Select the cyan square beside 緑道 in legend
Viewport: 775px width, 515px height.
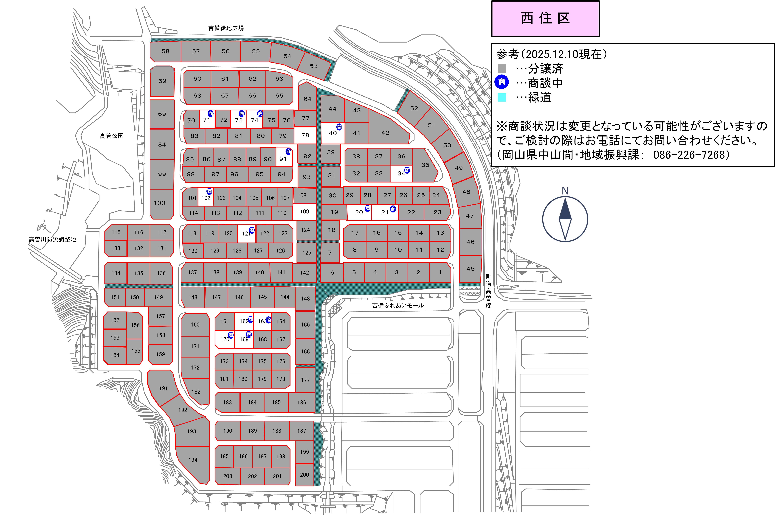[x=502, y=97]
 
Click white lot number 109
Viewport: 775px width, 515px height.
[x=305, y=212]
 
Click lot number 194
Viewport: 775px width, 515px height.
[x=193, y=460]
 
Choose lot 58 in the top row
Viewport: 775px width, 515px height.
[x=165, y=51]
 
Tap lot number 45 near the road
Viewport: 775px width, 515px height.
[x=470, y=269]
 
